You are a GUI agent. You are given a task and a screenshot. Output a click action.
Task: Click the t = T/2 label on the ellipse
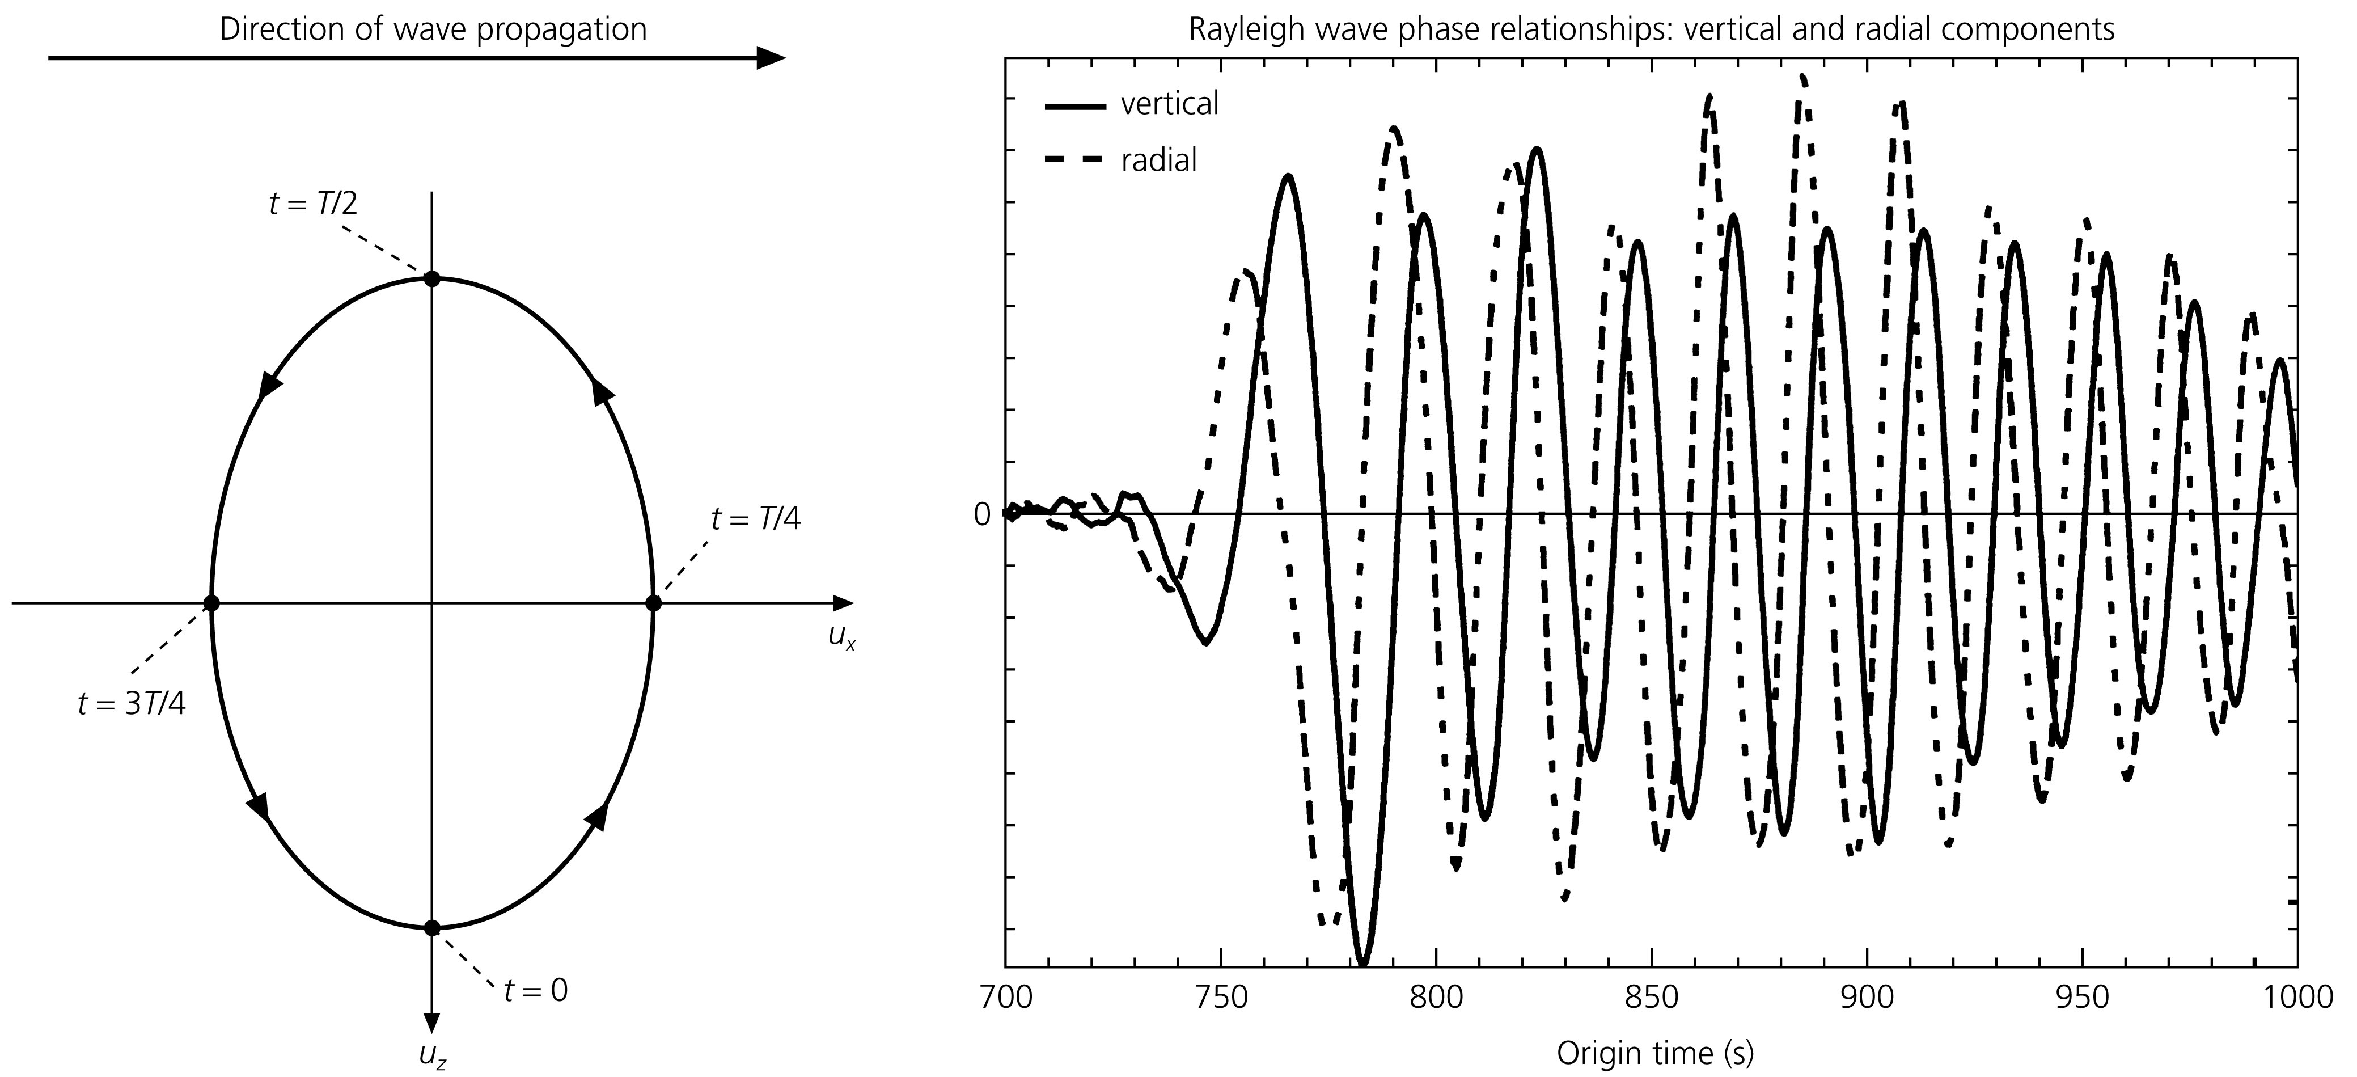coord(313,203)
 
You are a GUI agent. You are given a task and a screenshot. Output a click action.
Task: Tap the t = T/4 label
coord(756,520)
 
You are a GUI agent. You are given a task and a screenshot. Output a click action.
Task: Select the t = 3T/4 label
coord(132,704)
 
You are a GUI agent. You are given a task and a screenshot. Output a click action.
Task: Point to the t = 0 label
coord(536,991)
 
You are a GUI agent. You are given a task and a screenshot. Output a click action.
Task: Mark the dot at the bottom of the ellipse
coord(432,928)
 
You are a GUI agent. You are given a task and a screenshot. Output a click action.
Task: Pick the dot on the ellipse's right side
coord(653,603)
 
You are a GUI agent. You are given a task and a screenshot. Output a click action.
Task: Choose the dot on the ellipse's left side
coord(211,603)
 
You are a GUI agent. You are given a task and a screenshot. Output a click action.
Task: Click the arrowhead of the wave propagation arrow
coord(771,58)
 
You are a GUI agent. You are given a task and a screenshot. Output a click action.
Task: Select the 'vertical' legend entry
coord(1169,104)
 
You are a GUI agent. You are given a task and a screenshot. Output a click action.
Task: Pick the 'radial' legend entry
coord(1158,160)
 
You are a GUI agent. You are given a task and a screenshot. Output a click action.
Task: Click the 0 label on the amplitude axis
coord(982,515)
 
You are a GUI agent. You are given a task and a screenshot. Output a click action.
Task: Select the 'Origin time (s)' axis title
coord(1654,1053)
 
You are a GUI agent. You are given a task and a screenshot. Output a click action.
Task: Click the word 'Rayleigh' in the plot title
coord(1240,29)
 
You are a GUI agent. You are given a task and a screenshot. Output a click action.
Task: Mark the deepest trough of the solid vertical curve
coord(1363,961)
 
